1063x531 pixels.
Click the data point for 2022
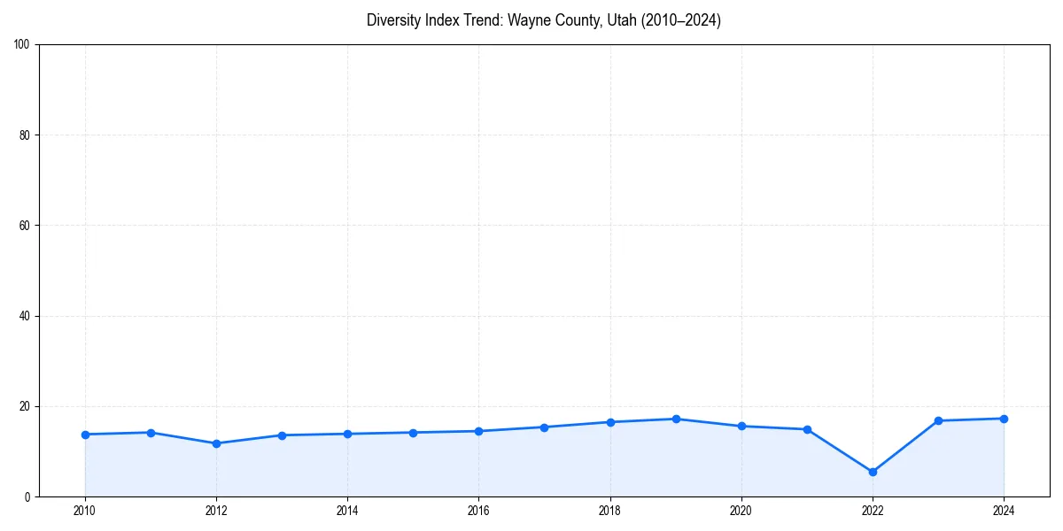pyautogui.click(x=873, y=472)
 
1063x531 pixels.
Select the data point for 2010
pyautogui.click(x=85, y=435)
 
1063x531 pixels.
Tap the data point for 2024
pyautogui.click(x=1004, y=419)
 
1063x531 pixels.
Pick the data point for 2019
pyautogui.click(x=676, y=419)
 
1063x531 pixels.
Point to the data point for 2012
pyautogui.click(x=216, y=443)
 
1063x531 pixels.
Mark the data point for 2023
pyautogui.click(x=938, y=420)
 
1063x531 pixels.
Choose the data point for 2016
pyautogui.click(x=478, y=431)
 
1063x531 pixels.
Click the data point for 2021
pyautogui.click(x=807, y=429)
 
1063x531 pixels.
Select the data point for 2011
pyautogui.click(x=151, y=433)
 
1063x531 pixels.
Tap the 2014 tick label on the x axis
pyautogui.click(x=347, y=511)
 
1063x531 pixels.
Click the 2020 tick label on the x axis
pyautogui.click(x=741, y=511)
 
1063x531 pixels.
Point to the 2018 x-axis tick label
pyautogui.click(x=609, y=511)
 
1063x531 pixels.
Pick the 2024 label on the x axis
pyautogui.click(x=1004, y=511)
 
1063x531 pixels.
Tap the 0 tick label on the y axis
pyautogui.click(x=28, y=496)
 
